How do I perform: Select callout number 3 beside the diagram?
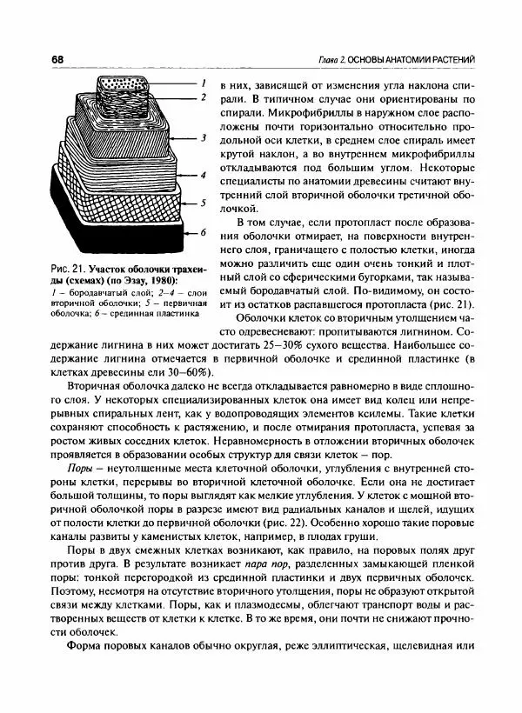pyautogui.click(x=202, y=137)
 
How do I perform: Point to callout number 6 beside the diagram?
pyautogui.click(x=202, y=233)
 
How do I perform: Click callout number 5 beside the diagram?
pyautogui.click(x=202, y=203)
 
